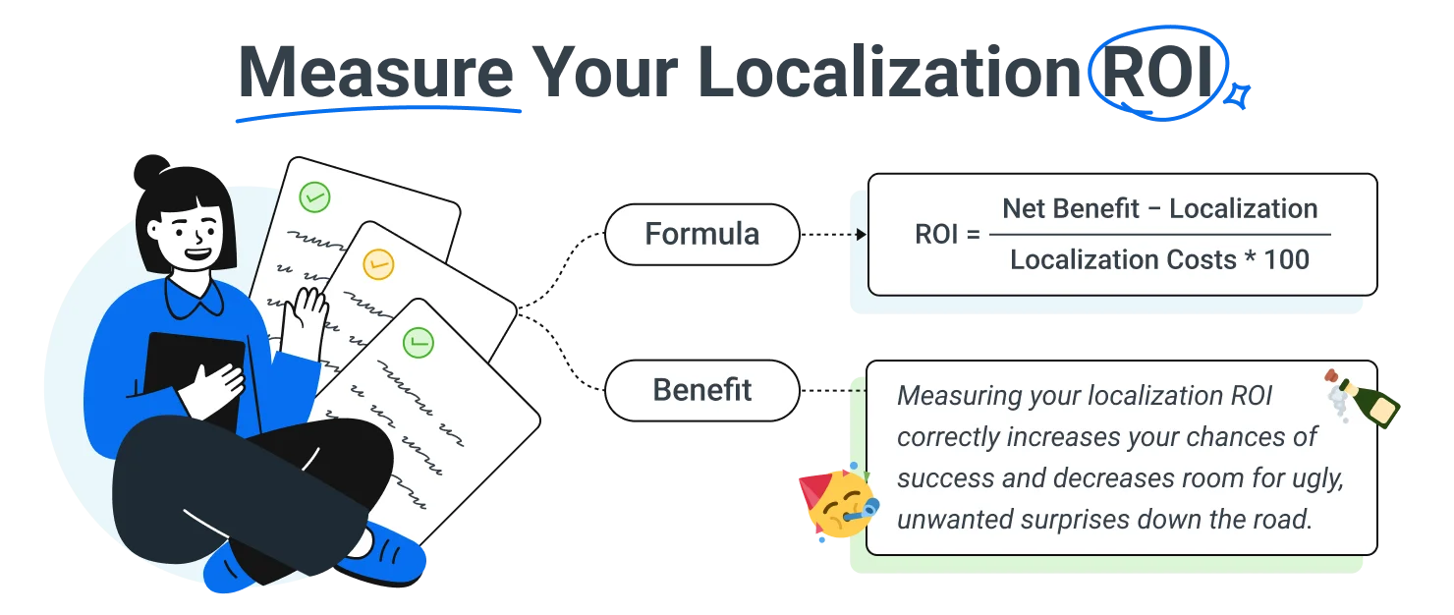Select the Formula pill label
click(701, 235)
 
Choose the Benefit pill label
click(701, 390)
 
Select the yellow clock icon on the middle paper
click(378, 263)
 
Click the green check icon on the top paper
click(314, 197)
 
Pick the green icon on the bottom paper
click(419, 342)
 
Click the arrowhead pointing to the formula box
click(861, 235)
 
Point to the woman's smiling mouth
click(197, 252)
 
